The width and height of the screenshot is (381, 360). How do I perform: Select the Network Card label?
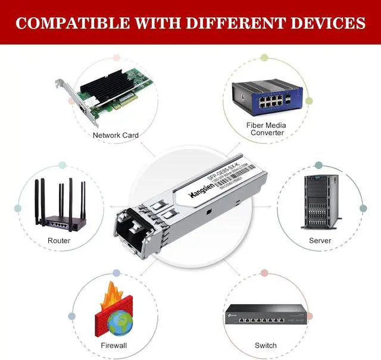[115, 135]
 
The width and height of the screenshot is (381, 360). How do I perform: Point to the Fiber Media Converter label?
[267, 129]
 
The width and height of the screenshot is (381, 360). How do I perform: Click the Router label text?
[59, 240]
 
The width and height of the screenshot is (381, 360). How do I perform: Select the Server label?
[320, 240]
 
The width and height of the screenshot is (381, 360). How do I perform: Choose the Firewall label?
[114, 345]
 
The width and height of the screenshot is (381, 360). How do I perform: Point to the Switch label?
[266, 345]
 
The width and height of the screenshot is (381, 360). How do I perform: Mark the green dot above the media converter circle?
[264, 58]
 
